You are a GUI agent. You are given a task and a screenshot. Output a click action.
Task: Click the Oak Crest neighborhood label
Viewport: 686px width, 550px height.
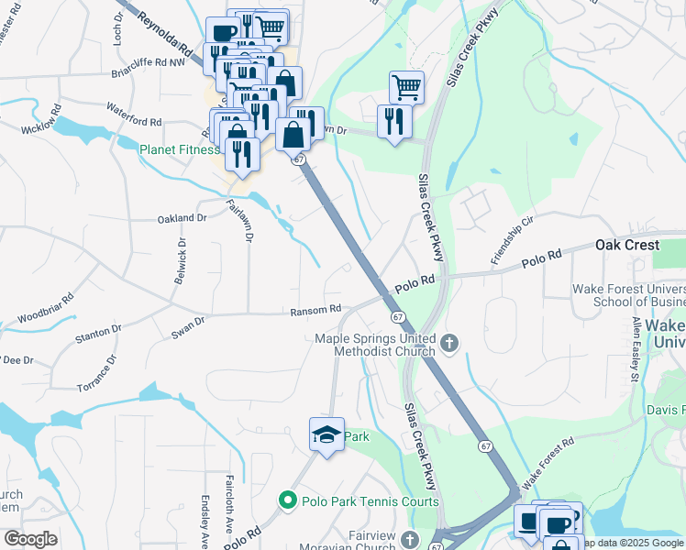[627, 246]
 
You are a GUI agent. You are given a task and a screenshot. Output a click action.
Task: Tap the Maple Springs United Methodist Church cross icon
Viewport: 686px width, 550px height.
[449, 344]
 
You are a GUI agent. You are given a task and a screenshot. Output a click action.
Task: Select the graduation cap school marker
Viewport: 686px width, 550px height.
[326, 436]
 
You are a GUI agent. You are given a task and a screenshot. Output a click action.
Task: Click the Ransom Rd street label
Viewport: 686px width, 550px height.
[315, 311]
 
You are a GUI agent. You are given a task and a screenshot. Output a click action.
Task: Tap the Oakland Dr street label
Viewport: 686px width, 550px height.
[183, 218]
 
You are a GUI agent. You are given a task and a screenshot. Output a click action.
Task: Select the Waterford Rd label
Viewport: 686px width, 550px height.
[133, 121]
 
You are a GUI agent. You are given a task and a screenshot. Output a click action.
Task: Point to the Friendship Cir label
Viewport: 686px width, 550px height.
[512, 241]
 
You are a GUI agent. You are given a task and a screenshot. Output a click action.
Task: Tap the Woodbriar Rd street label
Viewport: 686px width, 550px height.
[45, 311]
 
